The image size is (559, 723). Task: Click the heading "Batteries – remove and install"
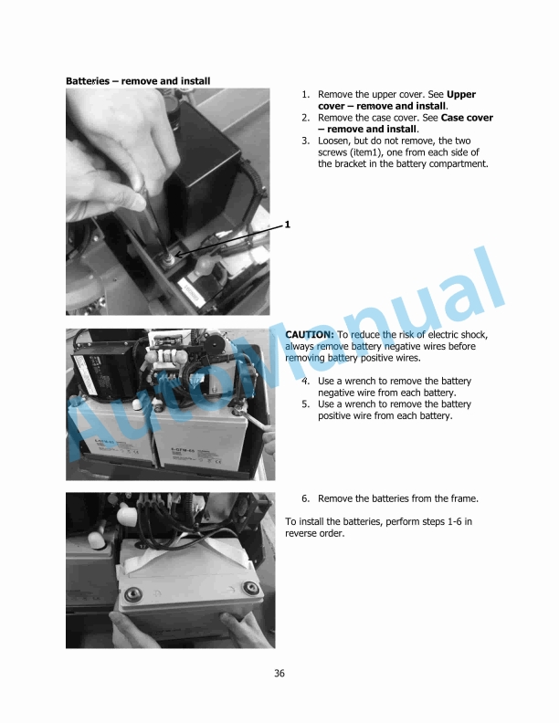138,81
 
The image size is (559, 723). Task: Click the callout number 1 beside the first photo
288,224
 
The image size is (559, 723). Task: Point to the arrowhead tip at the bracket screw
179,255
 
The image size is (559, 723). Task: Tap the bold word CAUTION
310,335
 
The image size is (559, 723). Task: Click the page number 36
279,674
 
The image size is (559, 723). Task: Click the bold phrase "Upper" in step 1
461,95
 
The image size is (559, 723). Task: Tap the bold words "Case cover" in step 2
467,118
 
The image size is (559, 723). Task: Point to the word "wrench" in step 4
354,380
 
